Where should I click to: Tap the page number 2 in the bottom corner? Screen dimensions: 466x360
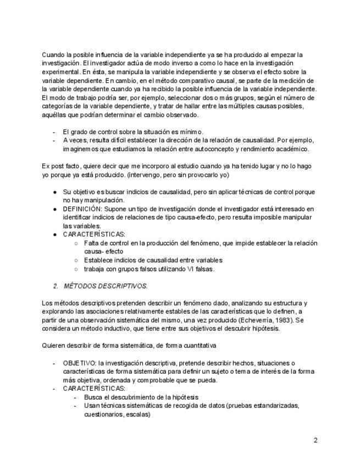pos(315,440)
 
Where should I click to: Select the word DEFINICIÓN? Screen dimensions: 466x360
pos(81,209)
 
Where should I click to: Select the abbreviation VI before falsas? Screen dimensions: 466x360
pos(191,269)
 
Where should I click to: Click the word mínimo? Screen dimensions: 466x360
pos(191,131)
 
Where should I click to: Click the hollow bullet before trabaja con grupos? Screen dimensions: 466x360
pos(76,269)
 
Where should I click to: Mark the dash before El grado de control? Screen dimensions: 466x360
pos(54,131)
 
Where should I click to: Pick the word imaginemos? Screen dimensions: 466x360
pos(82,148)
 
